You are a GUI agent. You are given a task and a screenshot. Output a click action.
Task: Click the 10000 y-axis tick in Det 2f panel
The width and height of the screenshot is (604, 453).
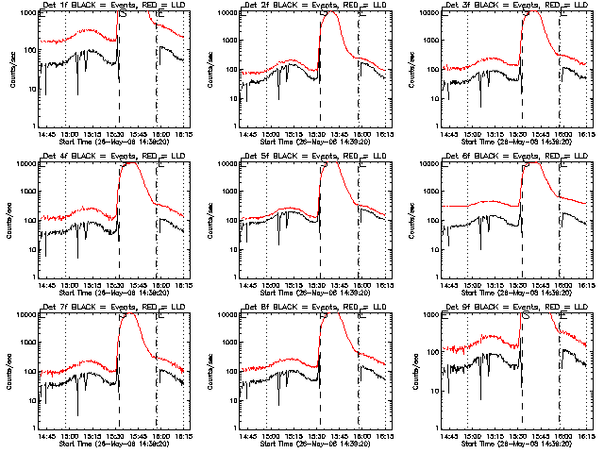[x=226, y=13]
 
